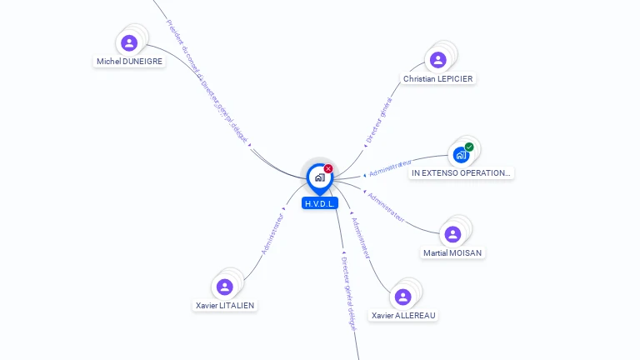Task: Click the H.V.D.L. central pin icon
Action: (319, 177)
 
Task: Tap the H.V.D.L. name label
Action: (320, 203)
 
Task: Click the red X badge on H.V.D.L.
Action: (328, 168)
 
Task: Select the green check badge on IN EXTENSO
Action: (469, 147)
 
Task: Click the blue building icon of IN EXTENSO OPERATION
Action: (460, 154)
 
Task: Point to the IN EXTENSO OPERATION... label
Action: (462, 173)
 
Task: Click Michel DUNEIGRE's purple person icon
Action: (128, 42)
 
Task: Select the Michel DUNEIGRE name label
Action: (129, 62)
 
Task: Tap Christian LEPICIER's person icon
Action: (437, 60)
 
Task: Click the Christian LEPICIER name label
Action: (438, 78)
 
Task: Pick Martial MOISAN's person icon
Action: (452, 234)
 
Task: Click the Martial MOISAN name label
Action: (452, 252)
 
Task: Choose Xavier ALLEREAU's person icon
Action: (403, 297)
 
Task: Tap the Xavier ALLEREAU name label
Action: (404, 315)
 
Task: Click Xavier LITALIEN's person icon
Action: (224, 287)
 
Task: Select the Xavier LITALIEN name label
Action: (225, 305)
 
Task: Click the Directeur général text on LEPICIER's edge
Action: (379, 122)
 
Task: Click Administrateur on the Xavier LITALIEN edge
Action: (272, 233)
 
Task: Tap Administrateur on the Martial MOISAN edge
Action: (386, 207)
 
